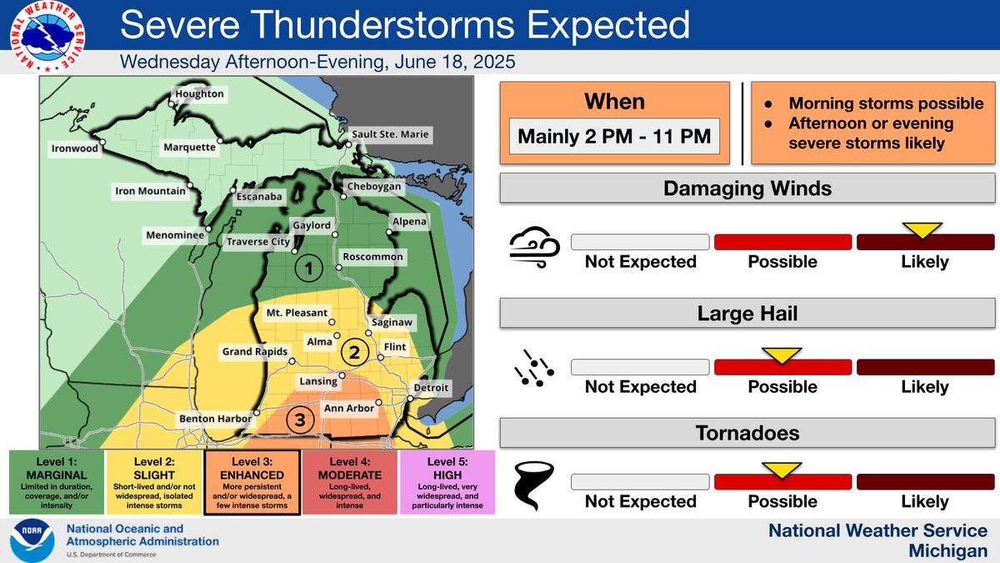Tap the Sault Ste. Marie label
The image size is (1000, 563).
pyautogui.click(x=391, y=133)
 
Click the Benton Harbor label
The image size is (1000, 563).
pyautogui.click(x=212, y=419)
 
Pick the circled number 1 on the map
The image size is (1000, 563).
pyautogui.click(x=309, y=269)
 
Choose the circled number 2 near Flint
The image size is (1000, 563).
pyautogui.click(x=354, y=352)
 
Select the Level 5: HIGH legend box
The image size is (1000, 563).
pyautogui.click(x=448, y=484)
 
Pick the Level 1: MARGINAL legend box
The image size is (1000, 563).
pyautogui.click(x=57, y=484)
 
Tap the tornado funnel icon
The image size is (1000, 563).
pyautogui.click(x=528, y=484)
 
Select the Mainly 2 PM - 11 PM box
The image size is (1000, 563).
pyautogui.click(x=615, y=136)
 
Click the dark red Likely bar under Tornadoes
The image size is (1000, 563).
pyautogui.click(x=926, y=483)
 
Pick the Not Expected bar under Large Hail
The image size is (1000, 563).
pyautogui.click(x=640, y=367)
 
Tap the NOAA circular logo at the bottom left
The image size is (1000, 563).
pyautogui.click(x=32, y=540)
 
